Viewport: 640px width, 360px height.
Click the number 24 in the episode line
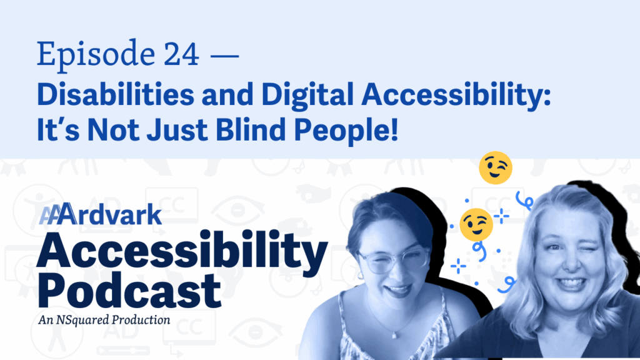(181, 54)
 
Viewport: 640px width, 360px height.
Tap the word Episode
(96, 56)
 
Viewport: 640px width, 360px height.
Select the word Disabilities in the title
(116, 94)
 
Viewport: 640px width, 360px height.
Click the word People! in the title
(346, 131)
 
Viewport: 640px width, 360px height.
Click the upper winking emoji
(496, 167)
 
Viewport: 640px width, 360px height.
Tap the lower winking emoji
(476, 224)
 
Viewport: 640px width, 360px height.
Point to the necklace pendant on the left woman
(394, 336)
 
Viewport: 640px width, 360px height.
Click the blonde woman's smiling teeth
(571, 283)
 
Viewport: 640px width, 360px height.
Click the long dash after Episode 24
(224, 55)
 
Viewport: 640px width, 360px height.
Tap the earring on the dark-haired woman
(359, 276)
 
